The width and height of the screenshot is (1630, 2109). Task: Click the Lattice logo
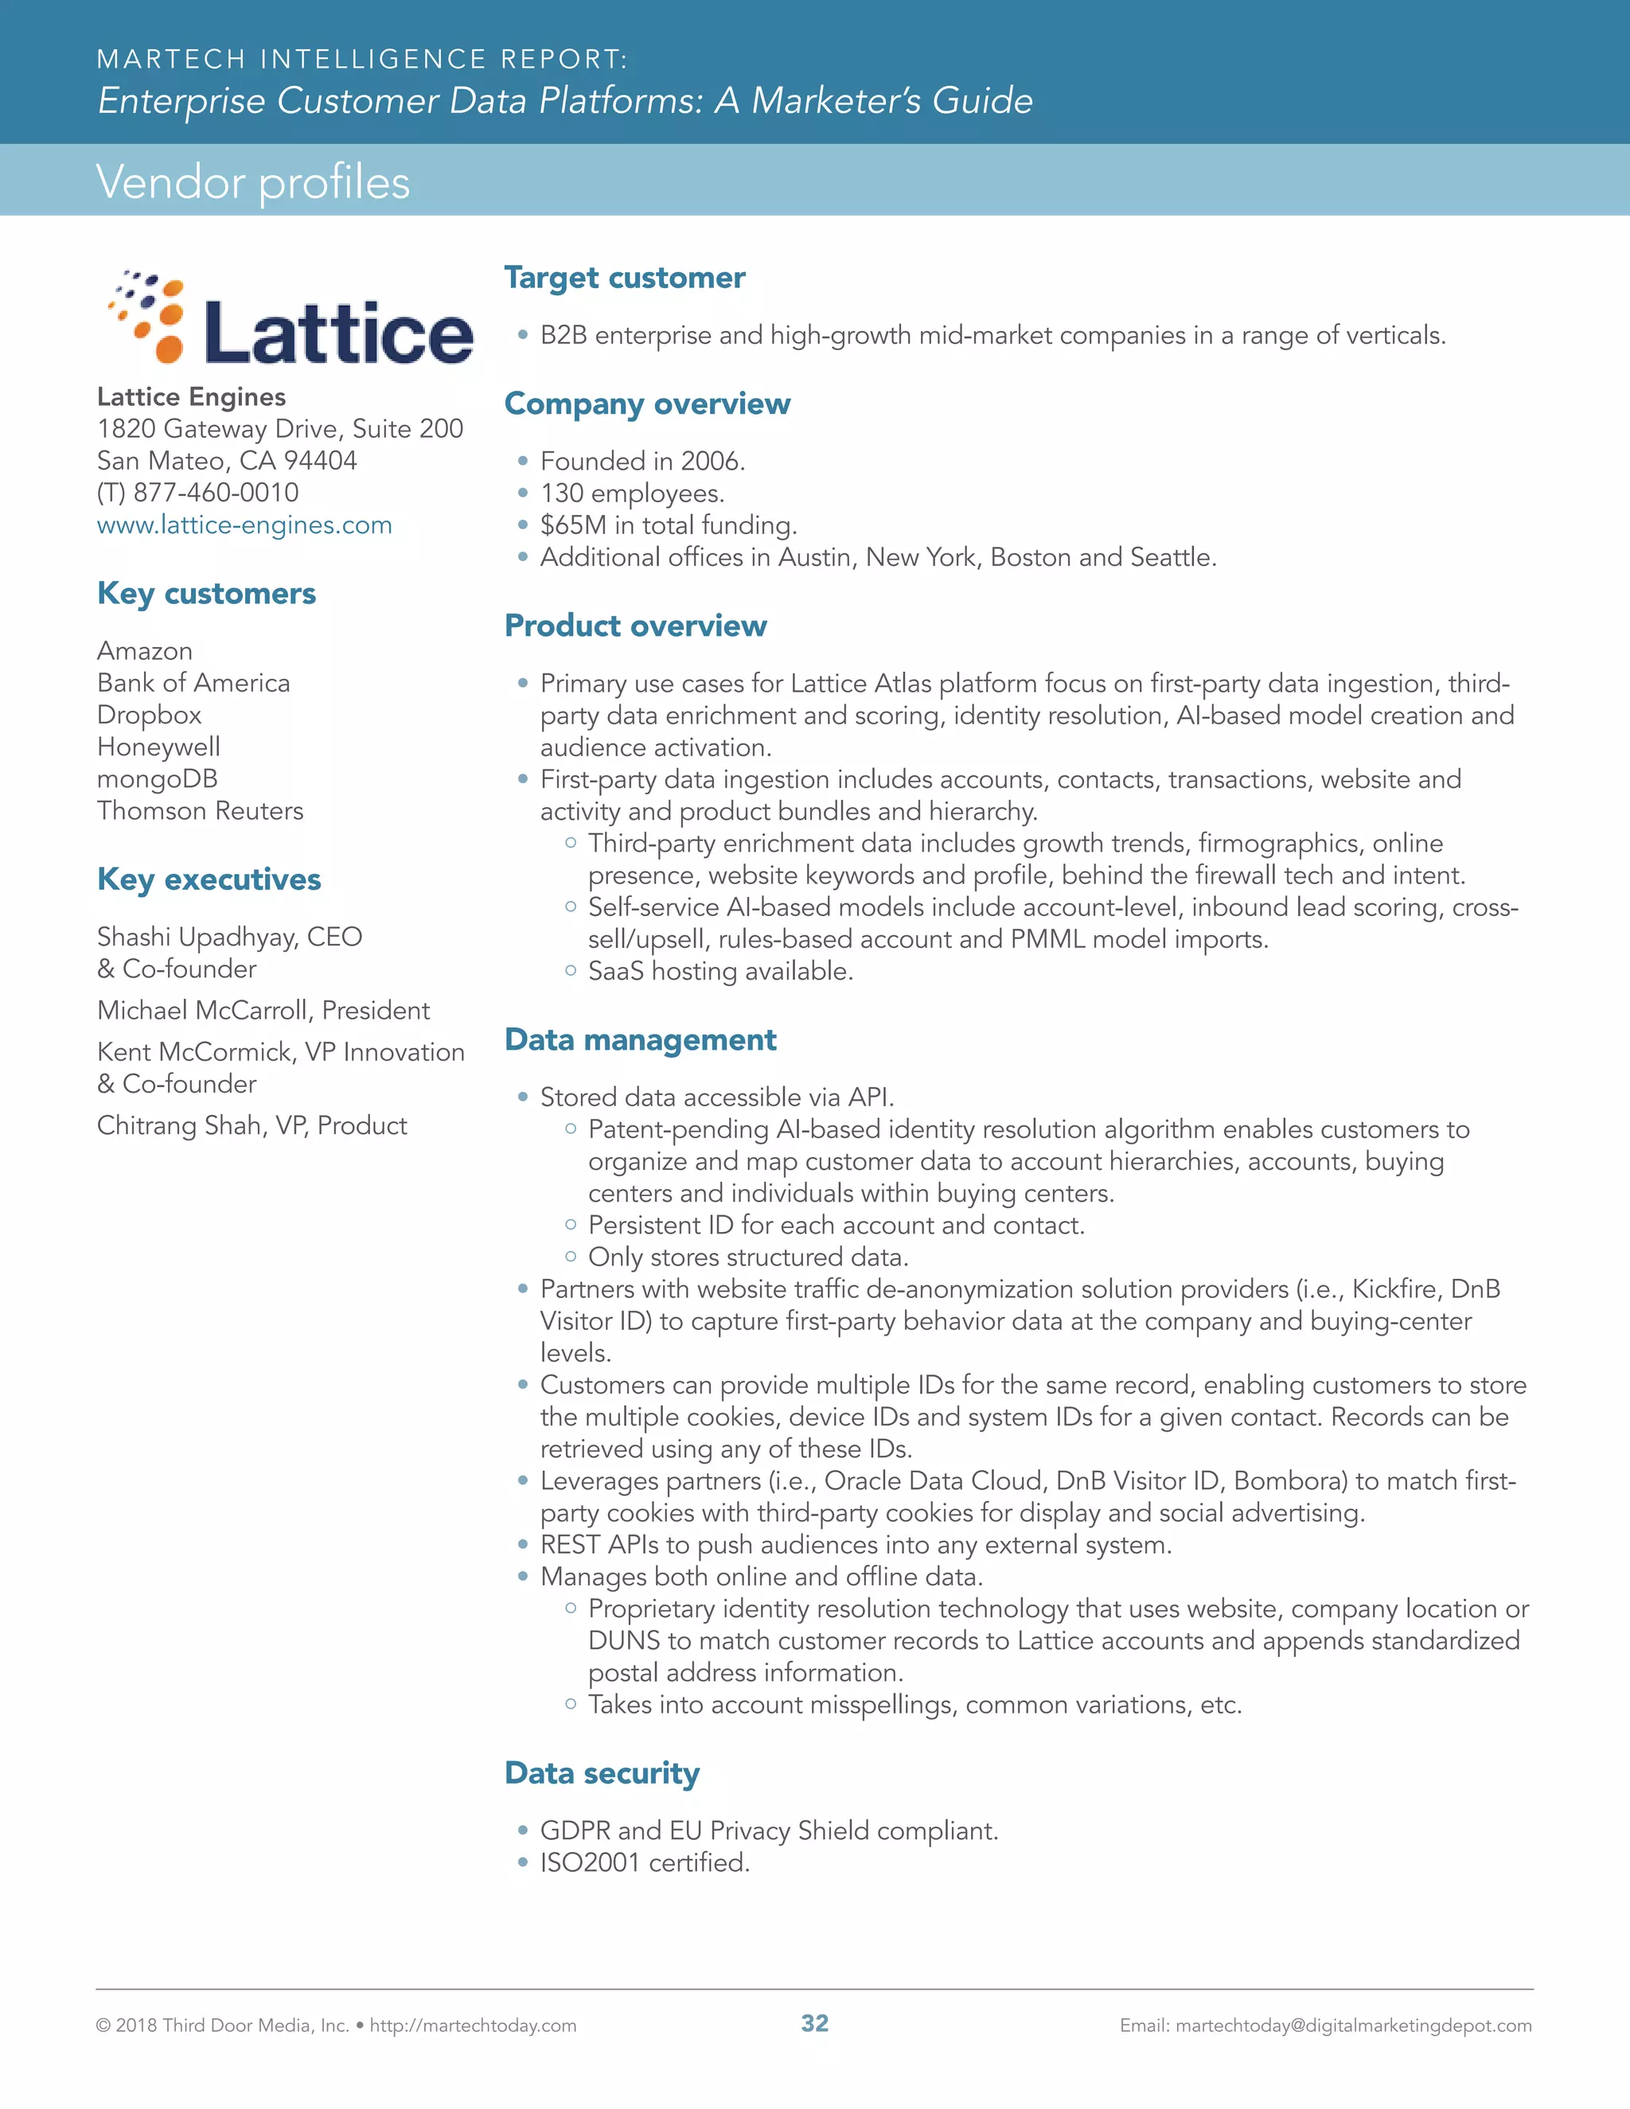tap(290, 318)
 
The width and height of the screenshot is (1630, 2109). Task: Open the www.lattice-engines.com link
tap(244, 525)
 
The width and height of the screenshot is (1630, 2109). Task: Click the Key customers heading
tap(207, 593)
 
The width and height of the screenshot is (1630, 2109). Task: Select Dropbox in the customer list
tap(150, 715)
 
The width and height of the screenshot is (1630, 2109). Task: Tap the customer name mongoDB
tap(158, 778)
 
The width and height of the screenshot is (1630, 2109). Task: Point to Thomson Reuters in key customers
tap(200, 810)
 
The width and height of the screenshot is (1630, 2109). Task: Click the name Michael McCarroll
tap(205, 1010)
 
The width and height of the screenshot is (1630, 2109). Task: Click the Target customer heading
tap(625, 278)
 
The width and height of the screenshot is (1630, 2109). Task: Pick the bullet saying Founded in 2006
tap(642, 462)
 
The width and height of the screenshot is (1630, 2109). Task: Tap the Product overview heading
tap(635, 626)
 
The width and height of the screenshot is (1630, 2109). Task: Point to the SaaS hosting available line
tap(720, 972)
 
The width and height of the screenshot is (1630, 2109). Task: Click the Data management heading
tap(640, 1040)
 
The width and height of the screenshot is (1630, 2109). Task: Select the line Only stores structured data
tap(748, 1257)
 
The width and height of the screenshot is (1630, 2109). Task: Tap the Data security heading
tap(602, 1773)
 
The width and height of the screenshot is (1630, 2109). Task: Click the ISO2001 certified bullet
tap(645, 1863)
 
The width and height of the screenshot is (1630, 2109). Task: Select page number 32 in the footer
tap(815, 2023)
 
